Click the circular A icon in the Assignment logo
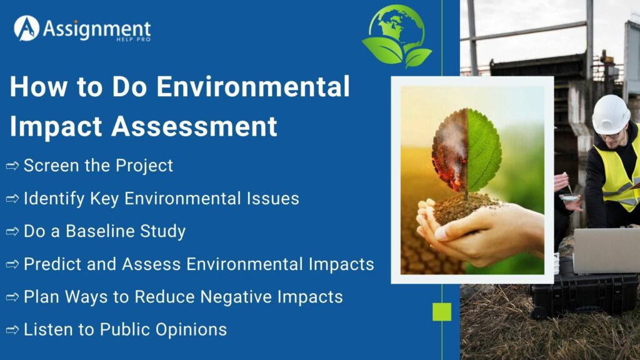[26, 28]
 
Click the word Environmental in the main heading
[252, 87]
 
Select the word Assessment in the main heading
[194, 126]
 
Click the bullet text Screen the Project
[98, 166]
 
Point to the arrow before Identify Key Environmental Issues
[12, 199]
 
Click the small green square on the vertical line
[442, 311]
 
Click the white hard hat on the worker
[610, 114]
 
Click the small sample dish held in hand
[569, 197]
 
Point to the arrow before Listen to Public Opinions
[12, 329]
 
